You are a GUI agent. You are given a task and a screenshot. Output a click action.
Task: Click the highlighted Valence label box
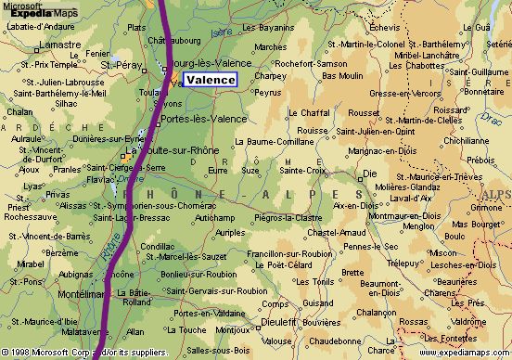pos(210,80)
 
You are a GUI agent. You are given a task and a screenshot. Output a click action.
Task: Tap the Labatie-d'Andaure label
pos(41,25)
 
